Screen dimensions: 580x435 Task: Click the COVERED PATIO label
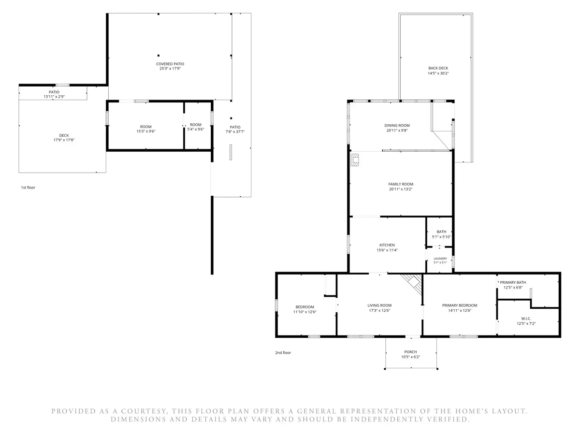[x=170, y=64]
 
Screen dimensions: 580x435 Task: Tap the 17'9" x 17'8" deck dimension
[x=64, y=140]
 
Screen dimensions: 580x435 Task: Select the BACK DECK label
[x=438, y=68]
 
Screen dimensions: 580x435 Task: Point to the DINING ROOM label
[x=397, y=126]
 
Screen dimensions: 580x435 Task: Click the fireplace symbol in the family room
[x=354, y=160]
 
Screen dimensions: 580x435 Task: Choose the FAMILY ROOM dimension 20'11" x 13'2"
[x=401, y=189]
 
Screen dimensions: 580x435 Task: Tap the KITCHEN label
[x=387, y=245]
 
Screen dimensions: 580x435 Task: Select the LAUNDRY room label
[x=440, y=259]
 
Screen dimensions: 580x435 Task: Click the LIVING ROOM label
[x=379, y=305]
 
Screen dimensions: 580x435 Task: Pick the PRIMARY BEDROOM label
[x=460, y=305]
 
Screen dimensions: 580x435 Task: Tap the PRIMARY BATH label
[x=513, y=282]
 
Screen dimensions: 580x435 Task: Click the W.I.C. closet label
[x=526, y=319]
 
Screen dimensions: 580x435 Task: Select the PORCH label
[x=410, y=352]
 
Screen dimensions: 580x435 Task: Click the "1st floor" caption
[x=28, y=188]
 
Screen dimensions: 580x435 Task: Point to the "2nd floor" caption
[x=283, y=353]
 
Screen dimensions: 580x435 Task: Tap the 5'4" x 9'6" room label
[x=196, y=127]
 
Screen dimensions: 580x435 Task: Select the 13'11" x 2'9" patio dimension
[x=54, y=97]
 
